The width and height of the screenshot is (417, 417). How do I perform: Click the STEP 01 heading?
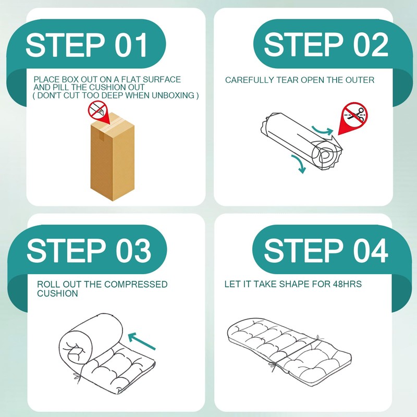[x=87, y=45]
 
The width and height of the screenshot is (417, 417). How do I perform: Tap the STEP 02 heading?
[x=326, y=44]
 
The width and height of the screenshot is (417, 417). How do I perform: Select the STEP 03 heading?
[x=89, y=250]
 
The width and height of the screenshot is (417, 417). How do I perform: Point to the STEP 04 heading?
[x=326, y=250]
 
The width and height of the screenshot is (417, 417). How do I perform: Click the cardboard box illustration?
[x=112, y=157]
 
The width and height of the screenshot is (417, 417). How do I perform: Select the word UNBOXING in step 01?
[x=173, y=95]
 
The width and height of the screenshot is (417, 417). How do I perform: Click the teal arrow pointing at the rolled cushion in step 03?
[x=141, y=341]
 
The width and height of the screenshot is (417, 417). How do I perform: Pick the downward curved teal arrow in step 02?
[x=299, y=164]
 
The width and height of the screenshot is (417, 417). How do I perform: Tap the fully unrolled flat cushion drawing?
[x=289, y=350]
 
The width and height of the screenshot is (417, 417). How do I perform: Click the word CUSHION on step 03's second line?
[x=57, y=293]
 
